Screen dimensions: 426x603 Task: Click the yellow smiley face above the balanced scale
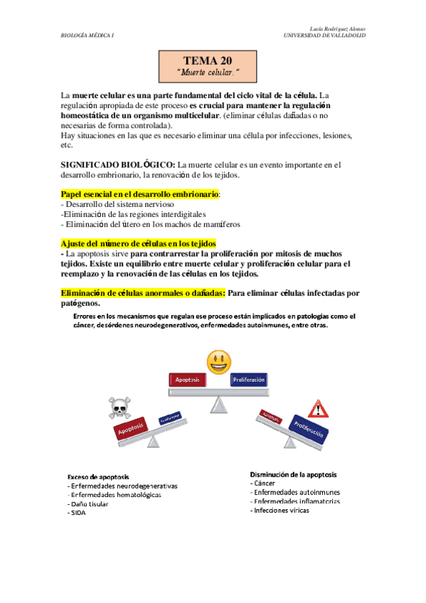[218, 361]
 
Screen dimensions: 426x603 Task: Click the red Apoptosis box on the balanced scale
[187, 380]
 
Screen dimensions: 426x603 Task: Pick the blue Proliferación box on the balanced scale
[248, 380]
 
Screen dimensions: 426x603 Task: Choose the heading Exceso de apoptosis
[98, 476]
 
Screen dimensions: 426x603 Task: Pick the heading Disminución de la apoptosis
[293, 474]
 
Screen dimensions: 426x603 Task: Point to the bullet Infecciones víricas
[281, 510]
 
